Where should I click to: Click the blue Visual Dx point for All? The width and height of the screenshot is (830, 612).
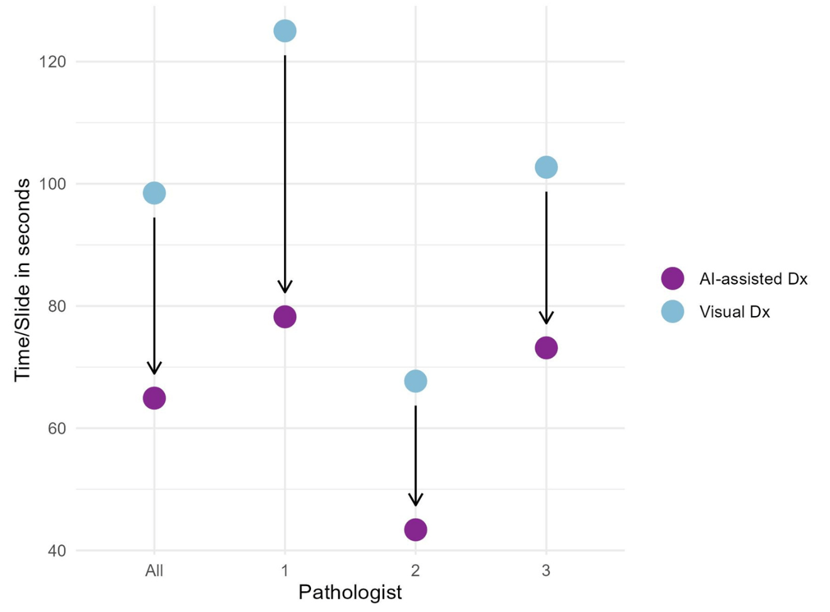[154, 193]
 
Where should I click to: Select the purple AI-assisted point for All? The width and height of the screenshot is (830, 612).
[154, 398]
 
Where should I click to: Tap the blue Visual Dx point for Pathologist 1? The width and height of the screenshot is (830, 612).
[285, 31]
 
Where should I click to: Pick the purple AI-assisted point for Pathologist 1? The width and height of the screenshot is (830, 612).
[285, 317]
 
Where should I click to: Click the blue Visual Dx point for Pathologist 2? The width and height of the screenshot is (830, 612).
[416, 381]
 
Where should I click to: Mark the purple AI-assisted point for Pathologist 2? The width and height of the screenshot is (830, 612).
[416, 530]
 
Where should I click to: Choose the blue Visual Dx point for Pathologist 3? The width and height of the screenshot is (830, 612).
[546, 167]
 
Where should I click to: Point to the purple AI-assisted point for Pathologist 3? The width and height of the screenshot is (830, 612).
[546, 348]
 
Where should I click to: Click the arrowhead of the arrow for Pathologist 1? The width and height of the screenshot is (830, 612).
[285, 288]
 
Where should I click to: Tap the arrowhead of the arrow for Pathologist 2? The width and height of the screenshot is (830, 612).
[416, 501]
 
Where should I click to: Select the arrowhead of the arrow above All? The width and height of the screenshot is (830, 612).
[154, 369]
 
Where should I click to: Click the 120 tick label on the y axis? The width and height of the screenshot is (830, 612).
[52, 62]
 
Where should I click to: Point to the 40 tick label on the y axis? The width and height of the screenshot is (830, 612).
[56, 550]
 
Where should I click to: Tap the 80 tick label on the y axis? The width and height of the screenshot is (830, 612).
[56, 306]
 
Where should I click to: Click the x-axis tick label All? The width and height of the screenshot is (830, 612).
[154, 570]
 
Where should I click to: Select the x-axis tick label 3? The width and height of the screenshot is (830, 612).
[546, 570]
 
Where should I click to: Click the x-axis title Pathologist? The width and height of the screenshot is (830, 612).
[350, 592]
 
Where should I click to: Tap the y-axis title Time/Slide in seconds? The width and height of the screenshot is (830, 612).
[23, 280]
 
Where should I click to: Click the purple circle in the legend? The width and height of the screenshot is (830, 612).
[673, 278]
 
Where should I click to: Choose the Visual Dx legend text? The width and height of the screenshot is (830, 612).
[734, 312]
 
